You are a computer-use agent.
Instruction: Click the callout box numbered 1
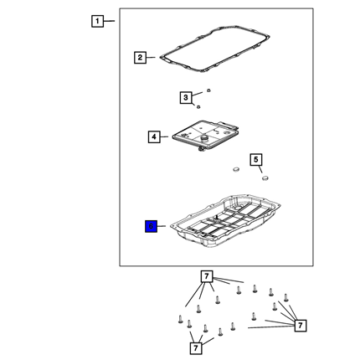(x=97, y=21)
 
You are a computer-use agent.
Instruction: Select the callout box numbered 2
(x=140, y=58)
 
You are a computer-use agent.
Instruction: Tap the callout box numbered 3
(x=186, y=98)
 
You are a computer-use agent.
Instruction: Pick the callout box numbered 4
(x=154, y=137)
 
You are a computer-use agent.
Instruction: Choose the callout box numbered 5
(x=256, y=160)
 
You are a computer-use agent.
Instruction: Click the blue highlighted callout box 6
(x=151, y=226)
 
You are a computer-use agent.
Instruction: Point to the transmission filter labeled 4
(x=206, y=136)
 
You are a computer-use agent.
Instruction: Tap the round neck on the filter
(x=205, y=138)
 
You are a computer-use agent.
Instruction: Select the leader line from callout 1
(x=109, y=21)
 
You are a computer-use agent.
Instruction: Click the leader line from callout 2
(x=151, y=58)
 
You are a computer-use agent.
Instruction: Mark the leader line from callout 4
(x=164, y=136)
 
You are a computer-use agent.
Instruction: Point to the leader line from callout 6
(x=162, y=226)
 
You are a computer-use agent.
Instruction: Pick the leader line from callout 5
(x=260, y=169)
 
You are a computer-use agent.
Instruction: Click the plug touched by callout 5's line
(x=265, y=177)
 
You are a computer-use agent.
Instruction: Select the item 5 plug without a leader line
(x=236, y=169)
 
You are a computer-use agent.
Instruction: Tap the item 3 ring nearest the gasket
(x=208, y=90)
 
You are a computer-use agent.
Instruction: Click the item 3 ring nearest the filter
(x=198, y=107)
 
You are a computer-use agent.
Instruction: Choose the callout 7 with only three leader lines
(x=196, y=348)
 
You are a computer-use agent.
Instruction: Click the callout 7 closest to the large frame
(x=207, y=276)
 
